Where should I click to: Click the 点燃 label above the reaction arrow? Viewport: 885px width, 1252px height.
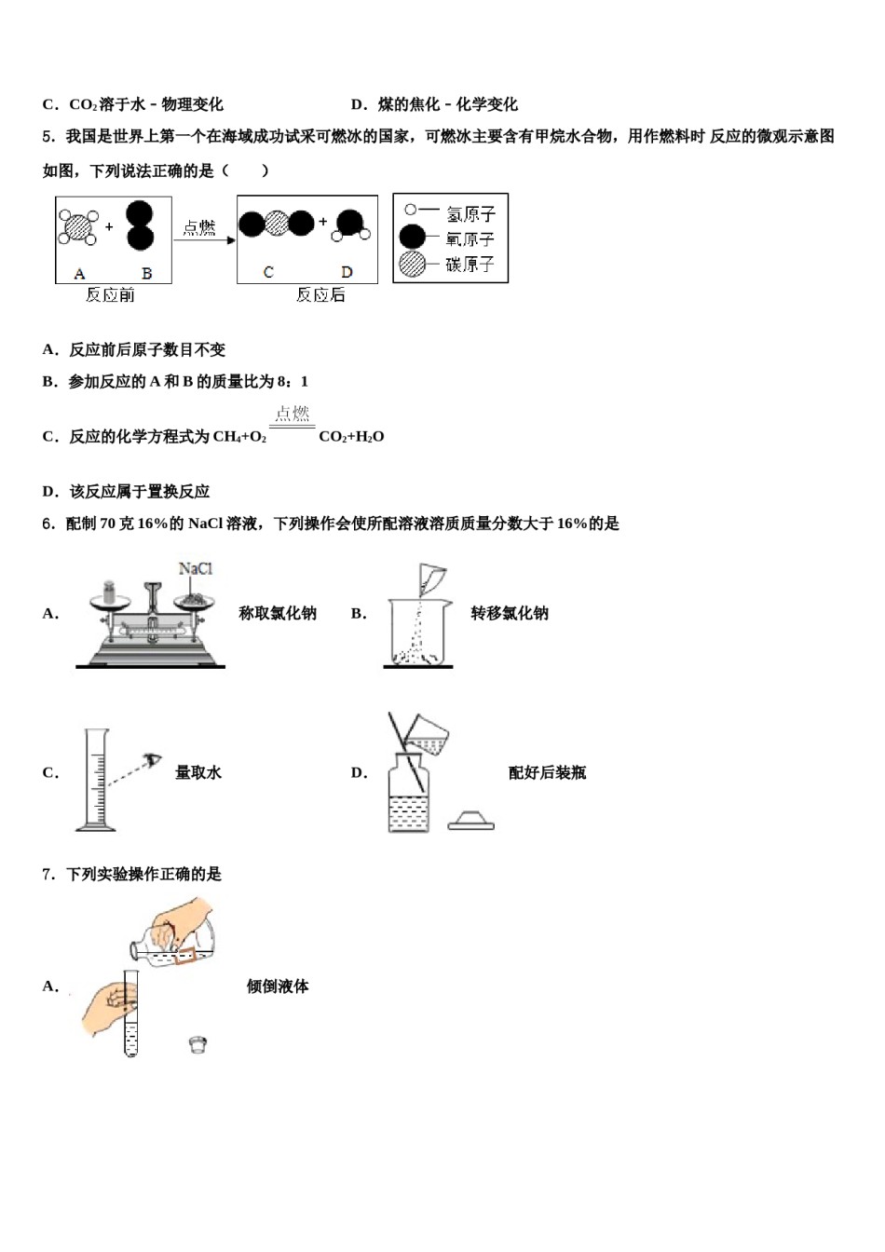click(199, 227)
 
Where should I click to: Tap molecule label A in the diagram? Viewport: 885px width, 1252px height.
click(79, 274)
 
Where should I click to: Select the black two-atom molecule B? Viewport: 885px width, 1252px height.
click(140, 225)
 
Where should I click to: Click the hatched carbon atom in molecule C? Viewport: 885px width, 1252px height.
click(277, 224)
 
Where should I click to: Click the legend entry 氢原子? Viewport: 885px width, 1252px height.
click(470, 214)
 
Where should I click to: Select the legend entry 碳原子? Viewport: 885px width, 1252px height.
click(470, 265)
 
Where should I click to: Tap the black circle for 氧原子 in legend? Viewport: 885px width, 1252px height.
click(412, 238)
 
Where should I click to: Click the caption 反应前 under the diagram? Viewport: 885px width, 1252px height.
click(110, 295)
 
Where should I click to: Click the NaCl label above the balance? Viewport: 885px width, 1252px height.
click(196, 568)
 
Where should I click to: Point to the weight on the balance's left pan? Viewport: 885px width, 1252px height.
click(108, 593)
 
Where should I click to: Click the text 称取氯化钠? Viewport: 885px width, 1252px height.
click(278, 613)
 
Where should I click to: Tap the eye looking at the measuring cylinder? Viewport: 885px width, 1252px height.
click(153, 761)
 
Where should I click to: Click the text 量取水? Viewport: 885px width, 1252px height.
click(198, 772)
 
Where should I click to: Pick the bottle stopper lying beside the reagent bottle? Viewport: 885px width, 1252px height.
click(471, 820)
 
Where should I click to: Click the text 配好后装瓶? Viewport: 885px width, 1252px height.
click(547, 772)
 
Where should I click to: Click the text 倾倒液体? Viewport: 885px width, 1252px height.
click(278, 987)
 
